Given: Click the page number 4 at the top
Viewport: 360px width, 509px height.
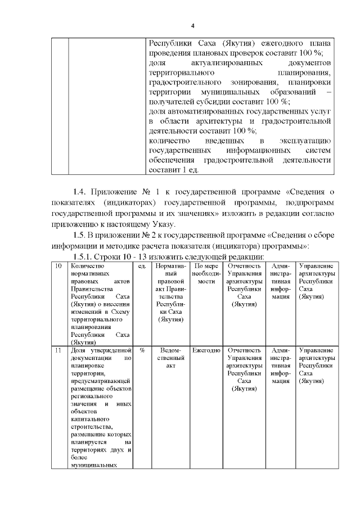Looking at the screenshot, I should [x=192, y=26].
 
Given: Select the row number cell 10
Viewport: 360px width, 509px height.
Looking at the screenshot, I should [x=58, y=266].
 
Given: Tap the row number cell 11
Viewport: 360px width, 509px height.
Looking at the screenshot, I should [x=58, y=350].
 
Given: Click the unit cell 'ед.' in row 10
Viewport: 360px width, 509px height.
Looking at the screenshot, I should [x=142, y=266].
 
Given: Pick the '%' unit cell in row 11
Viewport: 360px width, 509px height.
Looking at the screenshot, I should [x=142, y=350].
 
